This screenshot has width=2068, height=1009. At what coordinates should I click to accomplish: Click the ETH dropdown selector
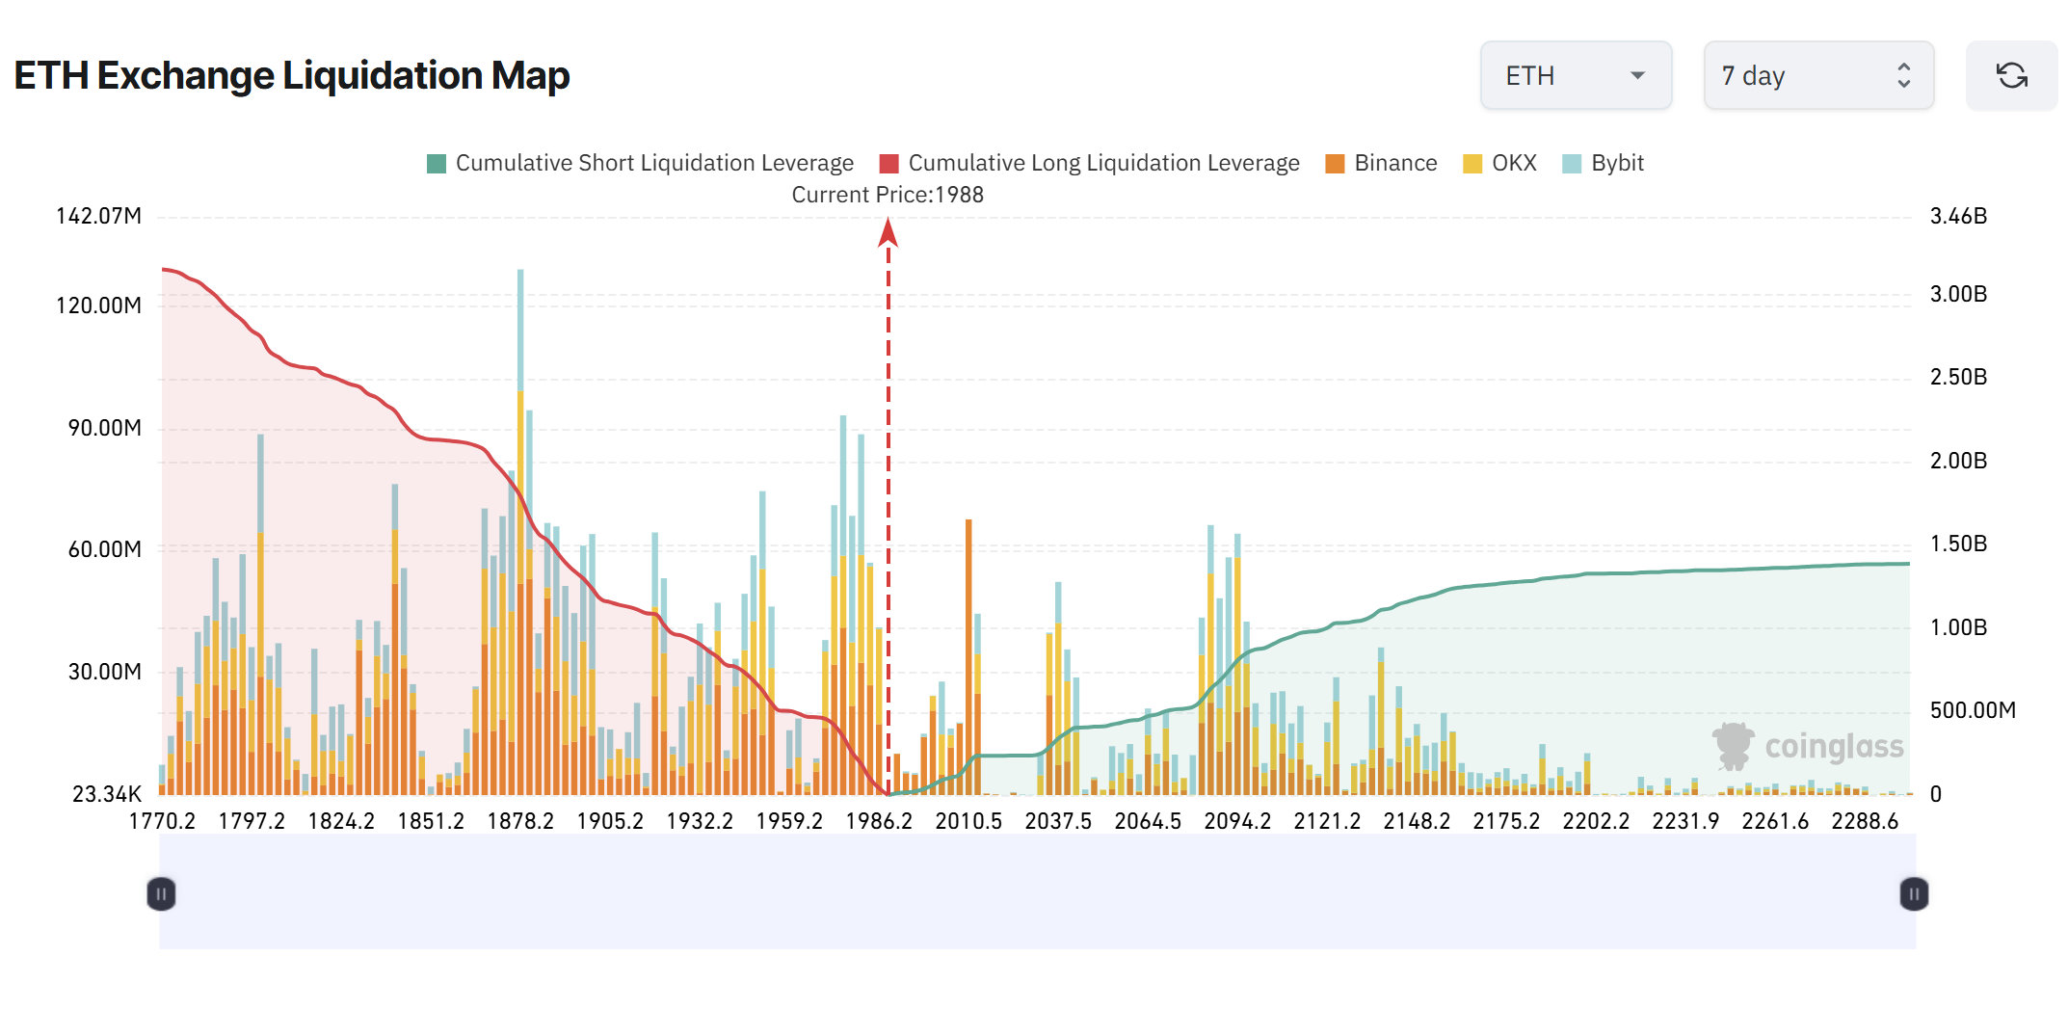coord(1575,75)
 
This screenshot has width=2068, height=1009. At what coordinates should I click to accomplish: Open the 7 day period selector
coord(1817,75)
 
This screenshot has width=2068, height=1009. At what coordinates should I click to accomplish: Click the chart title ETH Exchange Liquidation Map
coord(291,75)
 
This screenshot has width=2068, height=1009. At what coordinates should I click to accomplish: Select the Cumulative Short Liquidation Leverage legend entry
coord(640,163)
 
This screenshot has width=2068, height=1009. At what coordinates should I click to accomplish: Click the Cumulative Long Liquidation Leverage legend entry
coord(1090,163)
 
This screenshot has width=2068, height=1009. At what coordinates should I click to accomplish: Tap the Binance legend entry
coord(1381,163)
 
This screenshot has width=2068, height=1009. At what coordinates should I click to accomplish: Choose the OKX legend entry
coord(1499,163)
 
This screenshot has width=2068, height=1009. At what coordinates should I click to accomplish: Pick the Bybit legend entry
coord(1603,163)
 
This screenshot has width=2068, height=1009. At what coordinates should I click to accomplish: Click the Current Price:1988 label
coord(888,195)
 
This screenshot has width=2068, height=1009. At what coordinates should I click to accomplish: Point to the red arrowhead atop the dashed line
coord(888,232)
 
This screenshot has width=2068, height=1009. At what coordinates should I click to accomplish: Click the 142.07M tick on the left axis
coord(98,216)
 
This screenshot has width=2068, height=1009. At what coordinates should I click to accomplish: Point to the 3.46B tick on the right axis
coord(1958,216)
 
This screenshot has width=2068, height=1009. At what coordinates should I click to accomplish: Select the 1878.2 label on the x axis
coord(520,821)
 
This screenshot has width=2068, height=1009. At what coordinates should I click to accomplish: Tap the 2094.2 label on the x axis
coord(1237,821)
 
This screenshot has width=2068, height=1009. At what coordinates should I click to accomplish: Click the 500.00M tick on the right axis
coord(1972,710)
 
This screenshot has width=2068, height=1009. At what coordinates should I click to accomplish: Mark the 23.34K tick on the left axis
coord(106,794)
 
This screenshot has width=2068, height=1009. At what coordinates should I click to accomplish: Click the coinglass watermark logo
coord(1808,747)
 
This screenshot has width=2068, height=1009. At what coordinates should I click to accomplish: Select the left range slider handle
coord(161,894)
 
